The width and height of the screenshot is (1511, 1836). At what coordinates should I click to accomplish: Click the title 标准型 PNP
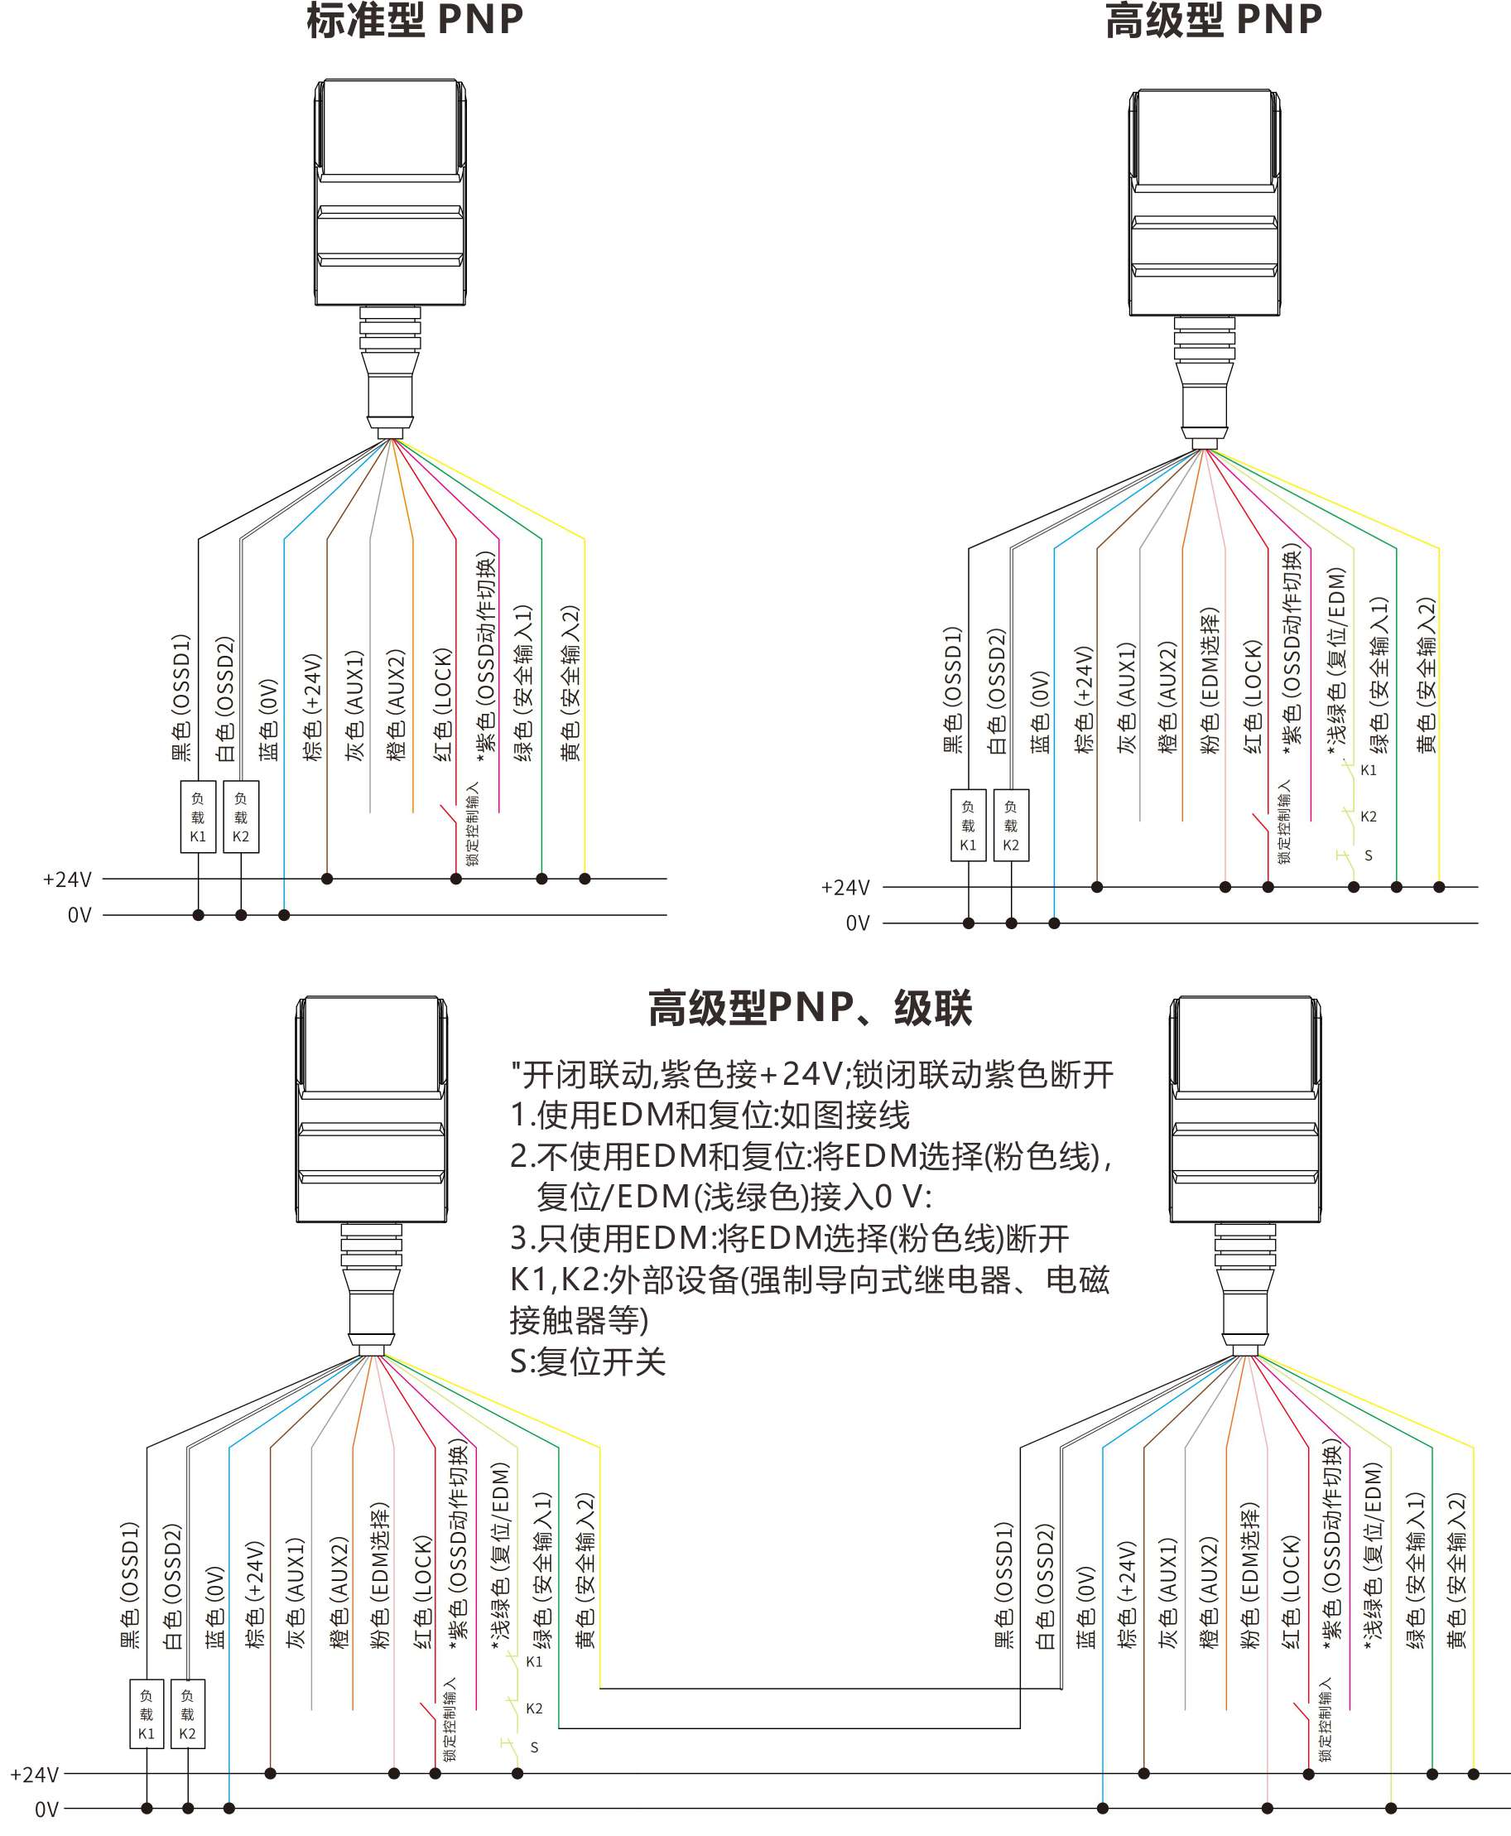pos(414,20)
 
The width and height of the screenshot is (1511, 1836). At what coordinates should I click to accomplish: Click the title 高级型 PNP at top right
pos(1213,20)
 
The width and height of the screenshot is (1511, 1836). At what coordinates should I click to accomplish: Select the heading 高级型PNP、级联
pos(810,1008)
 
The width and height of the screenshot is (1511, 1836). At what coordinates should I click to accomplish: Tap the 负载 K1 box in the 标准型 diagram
pos(198,817)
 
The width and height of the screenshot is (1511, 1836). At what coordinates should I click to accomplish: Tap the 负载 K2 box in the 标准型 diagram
pos(241,817)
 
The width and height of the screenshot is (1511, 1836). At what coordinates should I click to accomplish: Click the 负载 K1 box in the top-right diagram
pos(968,826)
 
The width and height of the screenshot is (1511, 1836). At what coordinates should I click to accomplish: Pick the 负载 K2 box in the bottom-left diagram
pos(188,1714)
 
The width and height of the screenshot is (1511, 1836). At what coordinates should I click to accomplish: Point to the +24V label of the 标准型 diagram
pos(67,879)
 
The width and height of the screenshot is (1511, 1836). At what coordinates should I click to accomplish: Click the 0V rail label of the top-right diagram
pos(857,923)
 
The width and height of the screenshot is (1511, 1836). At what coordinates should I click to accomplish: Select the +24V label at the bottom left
pos(34,1774)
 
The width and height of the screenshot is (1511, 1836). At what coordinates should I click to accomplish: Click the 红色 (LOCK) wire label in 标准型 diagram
pos(443,705)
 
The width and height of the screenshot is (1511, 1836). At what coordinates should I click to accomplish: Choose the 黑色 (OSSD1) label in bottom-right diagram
pos(1004,1585)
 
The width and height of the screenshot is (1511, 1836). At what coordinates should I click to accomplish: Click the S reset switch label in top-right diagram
pos(1369,855)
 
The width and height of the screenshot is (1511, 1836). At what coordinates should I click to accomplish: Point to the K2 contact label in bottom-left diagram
pos(534,1709)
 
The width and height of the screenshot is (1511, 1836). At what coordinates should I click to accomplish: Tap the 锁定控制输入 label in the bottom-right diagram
pos(1325,1720)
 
